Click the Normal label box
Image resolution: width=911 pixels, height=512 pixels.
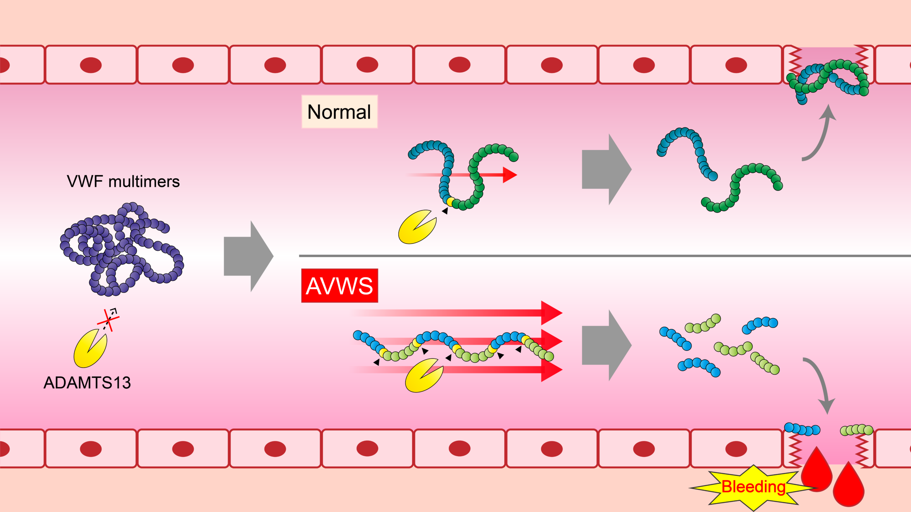point(339,112)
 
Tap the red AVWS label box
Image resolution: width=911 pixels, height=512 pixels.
point(339,286)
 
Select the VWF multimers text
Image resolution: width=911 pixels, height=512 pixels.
point(123,182)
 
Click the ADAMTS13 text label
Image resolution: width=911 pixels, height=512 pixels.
point(87,383)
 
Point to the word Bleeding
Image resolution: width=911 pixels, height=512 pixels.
point(753,487)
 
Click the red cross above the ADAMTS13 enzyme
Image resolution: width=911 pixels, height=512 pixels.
point(108,320)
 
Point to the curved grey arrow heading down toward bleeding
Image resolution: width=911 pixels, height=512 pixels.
point(820,384)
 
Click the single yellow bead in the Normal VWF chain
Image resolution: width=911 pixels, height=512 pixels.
point(450,202)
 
